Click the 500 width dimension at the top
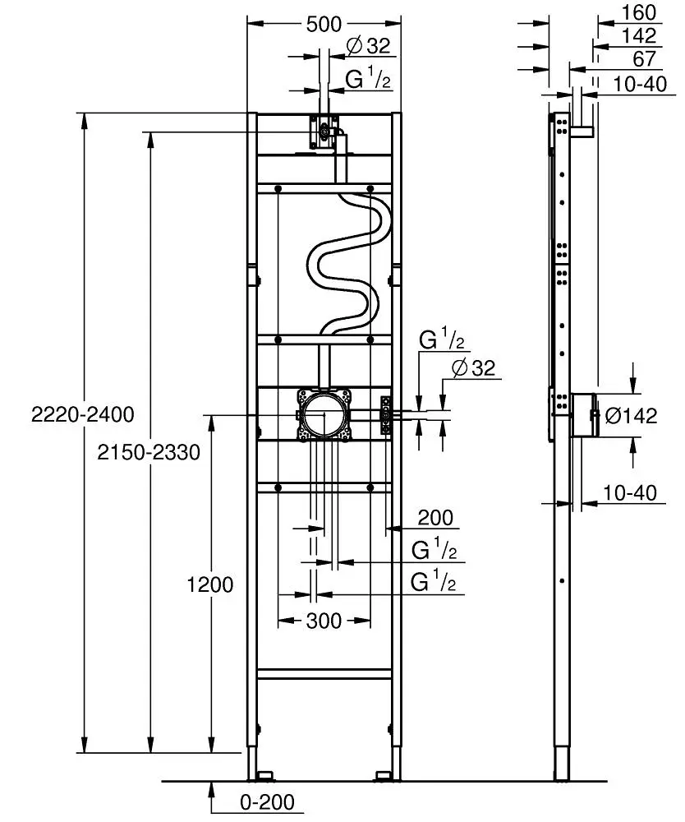tap(324, 25)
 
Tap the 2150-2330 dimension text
tap(148, 451)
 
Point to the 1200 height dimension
tap(210, 584)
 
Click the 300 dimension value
tap(324, 621)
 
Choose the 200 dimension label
tap(435, 518)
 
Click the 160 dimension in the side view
tap(639, 12)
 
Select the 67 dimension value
tap(644, 58)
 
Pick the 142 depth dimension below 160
tap(639, 35)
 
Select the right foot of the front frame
tap(384, 774)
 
